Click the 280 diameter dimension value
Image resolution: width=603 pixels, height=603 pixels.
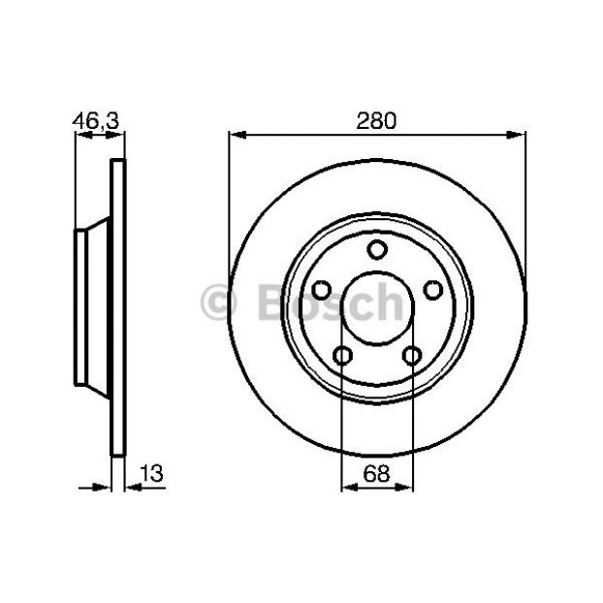pyautogui.click(x=376, y=121)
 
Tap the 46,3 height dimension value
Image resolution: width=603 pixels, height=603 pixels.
pyautogui.click(x=96, y=121)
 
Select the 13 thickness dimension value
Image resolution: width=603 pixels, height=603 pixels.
pyautogui.click(x=151, y=473)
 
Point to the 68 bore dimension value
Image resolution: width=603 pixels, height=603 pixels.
pyautogui.click(x=376, y=473)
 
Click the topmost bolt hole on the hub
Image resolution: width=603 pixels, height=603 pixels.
pyautogui.click(x=377, y=249)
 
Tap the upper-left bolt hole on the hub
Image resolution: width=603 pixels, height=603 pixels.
pyautogui.click(x=321, y=290)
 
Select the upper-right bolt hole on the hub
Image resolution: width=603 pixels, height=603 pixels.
pyautogui.click(x=433, y=290)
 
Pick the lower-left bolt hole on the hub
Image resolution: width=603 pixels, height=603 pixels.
pyautogui.click(x=342, y=356)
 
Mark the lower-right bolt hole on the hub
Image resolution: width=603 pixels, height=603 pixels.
pyautogui.click(x=412, y=356)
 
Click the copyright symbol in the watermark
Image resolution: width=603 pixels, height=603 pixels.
pyautogui.click(x=218, y=302)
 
